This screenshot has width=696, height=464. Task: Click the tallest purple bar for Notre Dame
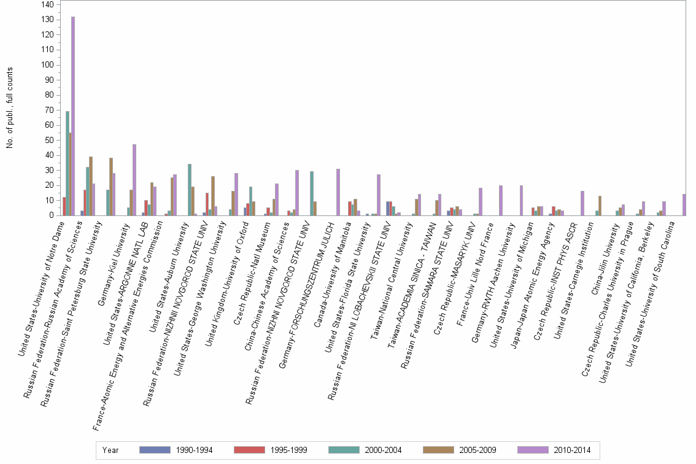pos(73,116)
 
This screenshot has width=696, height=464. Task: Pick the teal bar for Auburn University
pos(190,190)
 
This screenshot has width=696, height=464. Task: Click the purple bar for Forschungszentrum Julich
pos(338,192)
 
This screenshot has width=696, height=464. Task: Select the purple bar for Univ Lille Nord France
pos(501,200)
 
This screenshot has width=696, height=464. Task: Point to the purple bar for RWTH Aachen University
pos(521,200)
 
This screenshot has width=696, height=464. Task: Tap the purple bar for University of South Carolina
pos(684,204)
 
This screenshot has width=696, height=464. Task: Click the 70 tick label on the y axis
pos(48,110)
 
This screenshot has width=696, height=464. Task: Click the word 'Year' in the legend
pos(110,450)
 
